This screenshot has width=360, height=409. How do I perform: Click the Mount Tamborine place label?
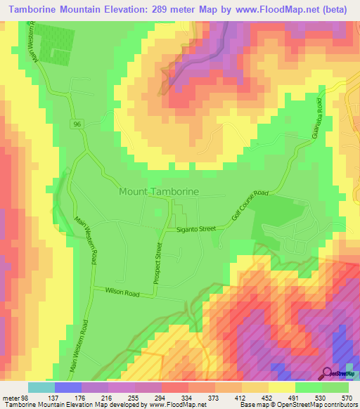(159, 191)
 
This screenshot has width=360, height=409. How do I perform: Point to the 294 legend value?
(175, 397)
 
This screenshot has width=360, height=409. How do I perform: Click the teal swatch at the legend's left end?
(41, 387)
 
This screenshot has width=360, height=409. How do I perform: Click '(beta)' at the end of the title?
(333, 9)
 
